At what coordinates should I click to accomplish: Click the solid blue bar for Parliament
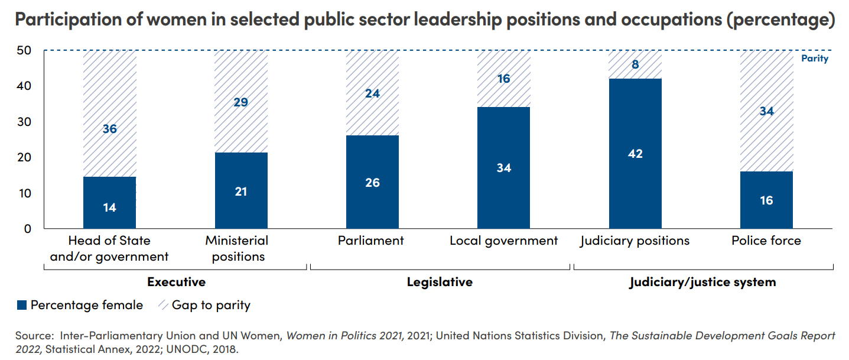point(372,181)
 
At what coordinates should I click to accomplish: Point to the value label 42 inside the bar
point(635,154)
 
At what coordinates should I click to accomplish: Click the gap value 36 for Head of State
point(109,128)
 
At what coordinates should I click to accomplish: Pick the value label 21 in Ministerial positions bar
point(241,192)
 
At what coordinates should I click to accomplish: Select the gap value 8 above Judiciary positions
point(635,64)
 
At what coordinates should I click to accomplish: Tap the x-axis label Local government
point(503,241)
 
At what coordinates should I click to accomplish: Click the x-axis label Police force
point(766,241)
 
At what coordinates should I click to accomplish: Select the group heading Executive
point(176,282)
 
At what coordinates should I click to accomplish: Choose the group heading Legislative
point(440,282)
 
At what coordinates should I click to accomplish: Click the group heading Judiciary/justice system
point(702,282)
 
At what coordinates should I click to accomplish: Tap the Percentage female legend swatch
point(22,306)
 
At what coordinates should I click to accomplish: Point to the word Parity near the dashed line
point(815,59)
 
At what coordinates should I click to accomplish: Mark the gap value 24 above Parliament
point(372,93)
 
